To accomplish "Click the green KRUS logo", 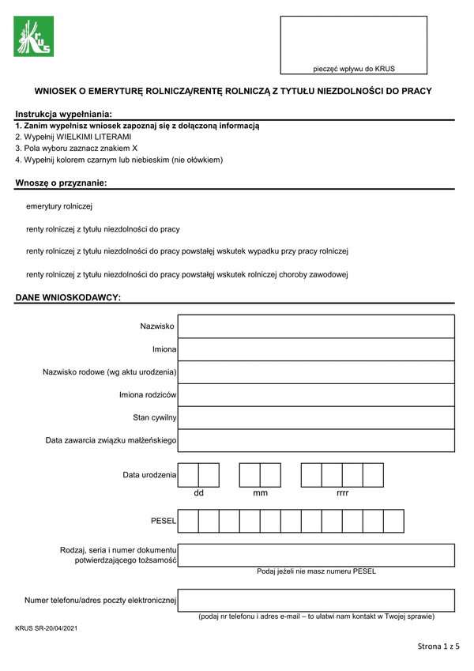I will pos(33,36).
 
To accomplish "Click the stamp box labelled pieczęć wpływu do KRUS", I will pos(353,44).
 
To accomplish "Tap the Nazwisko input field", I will pos(317,326).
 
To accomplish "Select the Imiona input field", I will pos(317,349).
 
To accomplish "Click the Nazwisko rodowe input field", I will pos(317,372).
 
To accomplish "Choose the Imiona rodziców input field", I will pos(317,395).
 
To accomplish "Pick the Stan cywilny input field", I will pos(317,417).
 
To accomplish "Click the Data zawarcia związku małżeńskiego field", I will pos(317,440).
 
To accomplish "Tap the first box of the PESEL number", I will pos(188,521).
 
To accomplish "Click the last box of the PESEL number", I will pos(393,521).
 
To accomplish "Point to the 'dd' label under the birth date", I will pos(199,493).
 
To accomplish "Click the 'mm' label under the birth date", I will pos(260,493).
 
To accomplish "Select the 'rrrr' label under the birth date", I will pos(342,493).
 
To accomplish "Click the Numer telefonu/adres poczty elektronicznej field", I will pos(317,600).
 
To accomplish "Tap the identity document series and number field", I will pos(317,555).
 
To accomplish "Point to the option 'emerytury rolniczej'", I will pos(59,206).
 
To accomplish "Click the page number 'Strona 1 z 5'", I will pos(438,647).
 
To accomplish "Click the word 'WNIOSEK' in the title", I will pos(59,91).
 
